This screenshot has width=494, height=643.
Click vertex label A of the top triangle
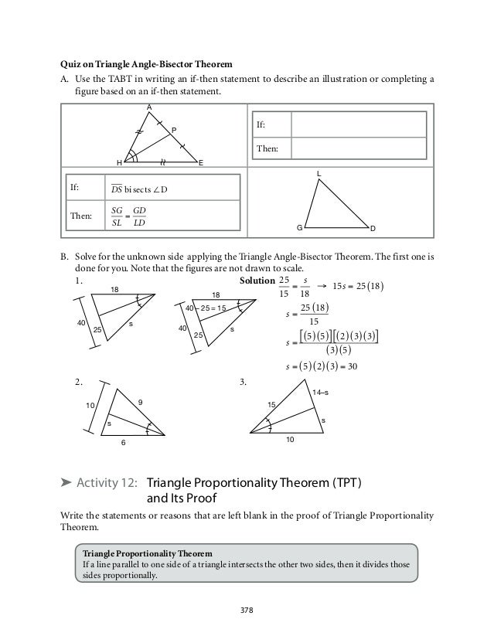tap(149, 107)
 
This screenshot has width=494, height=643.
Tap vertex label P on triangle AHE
tap(174, 130)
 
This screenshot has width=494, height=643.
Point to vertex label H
tap(119, 163)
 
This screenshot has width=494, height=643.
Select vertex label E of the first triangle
tap(200, 163)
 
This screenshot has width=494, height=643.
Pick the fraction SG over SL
tap(118, 217)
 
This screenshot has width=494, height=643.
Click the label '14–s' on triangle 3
tap(320, 393)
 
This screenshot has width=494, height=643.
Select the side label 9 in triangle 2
tap(140, 401)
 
